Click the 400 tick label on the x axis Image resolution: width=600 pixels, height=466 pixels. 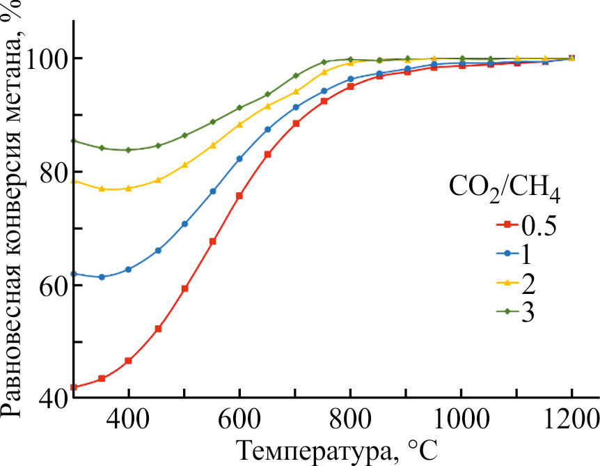point(128,421)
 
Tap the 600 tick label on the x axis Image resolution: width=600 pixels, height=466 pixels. point(239,421)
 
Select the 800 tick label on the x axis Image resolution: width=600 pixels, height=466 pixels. point(350,421)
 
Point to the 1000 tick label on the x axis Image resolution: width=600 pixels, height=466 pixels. point(461,421)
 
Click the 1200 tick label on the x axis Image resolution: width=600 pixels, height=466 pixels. point(571,421)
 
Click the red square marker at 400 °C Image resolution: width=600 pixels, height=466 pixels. point(128,361)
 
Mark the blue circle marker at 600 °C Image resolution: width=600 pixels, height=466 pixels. point(239,159)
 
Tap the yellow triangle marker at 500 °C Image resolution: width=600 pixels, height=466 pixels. point(184,165)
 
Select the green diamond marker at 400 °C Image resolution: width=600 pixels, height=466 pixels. point(128,150)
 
